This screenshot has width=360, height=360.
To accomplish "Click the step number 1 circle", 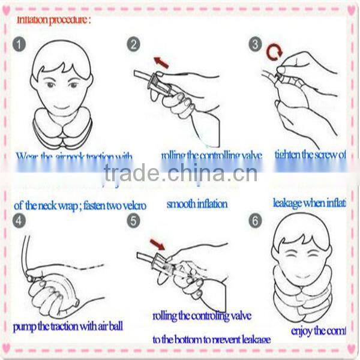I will [20, 44].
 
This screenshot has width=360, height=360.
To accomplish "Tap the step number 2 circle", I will [133, 44].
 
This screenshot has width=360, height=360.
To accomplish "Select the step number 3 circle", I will [256, 44].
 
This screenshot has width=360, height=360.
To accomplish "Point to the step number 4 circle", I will [20, 220].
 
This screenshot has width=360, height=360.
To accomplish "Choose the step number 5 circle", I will [133, 220].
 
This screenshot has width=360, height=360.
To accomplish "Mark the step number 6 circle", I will [256, 220].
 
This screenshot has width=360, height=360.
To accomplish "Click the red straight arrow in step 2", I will [161, 61].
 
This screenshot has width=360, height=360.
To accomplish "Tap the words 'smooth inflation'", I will [197, 203].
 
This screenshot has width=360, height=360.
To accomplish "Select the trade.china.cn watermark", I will [180, 173].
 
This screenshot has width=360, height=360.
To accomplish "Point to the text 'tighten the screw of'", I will [310, 155].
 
